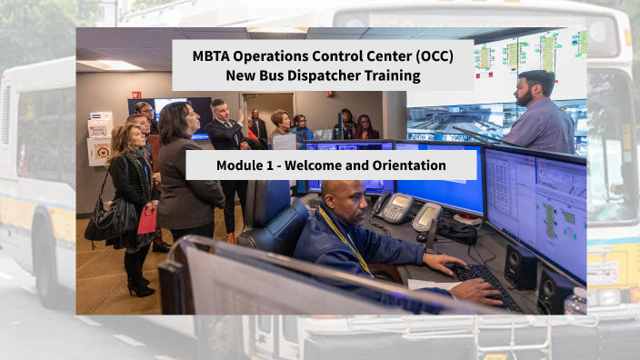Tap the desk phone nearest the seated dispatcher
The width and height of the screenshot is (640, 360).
coord(395,208)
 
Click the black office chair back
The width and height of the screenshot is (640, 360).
coord(272,218)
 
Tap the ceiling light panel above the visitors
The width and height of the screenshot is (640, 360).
coord(109,65)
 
